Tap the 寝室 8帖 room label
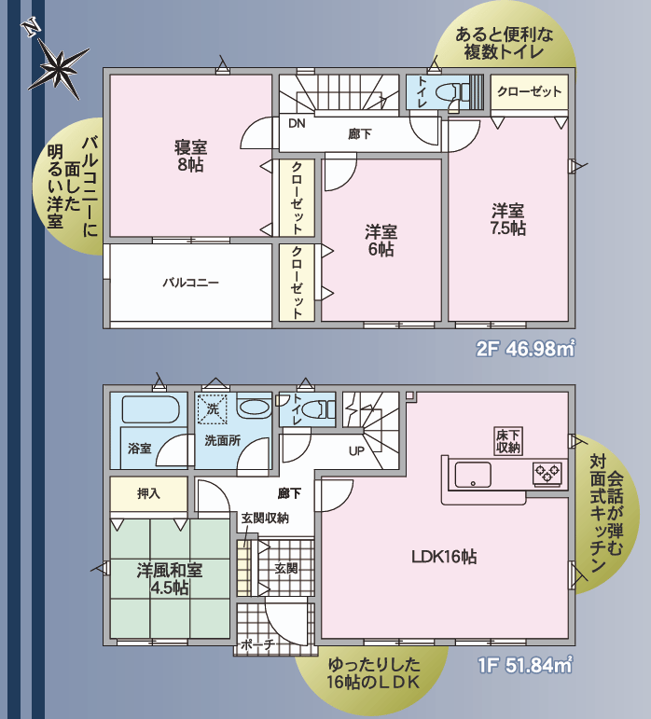point(190,156)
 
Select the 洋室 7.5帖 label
point(508,220)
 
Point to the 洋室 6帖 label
point(381,241)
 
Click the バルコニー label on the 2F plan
point(190,283)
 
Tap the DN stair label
point(297,123)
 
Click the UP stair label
point(356,451)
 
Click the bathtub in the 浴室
point(150,409)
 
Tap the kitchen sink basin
point(473,475)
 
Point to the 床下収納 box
point(508,441)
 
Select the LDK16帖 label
point(444,557)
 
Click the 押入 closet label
point(148,493)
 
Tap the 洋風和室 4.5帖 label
point(170,579)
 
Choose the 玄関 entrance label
point(286,569)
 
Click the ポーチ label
point(257,644)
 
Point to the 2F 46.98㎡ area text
point(525,350)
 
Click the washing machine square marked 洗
point(212,409)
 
